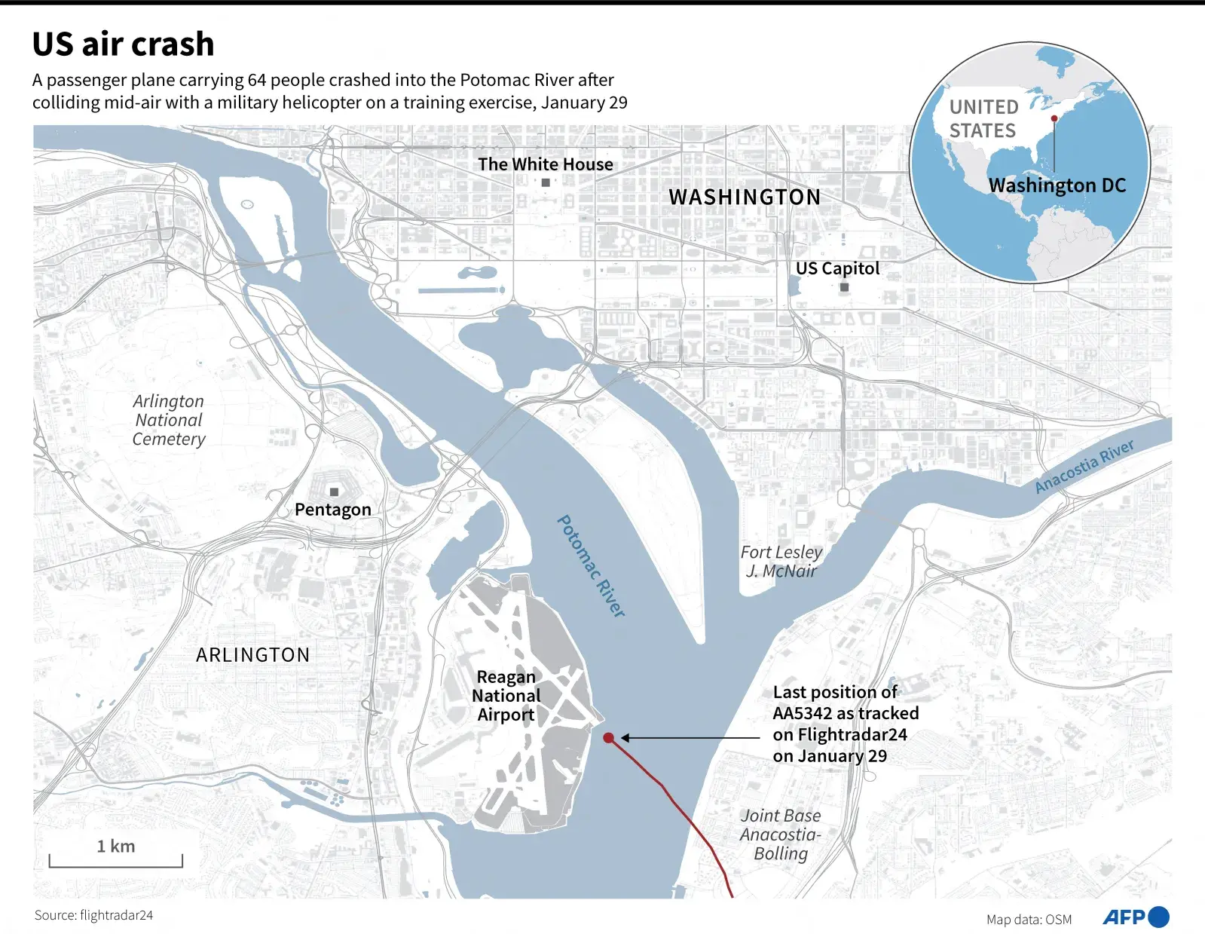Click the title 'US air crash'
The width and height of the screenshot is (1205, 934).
click(123, 44)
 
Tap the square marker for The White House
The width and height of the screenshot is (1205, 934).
click(546, 182)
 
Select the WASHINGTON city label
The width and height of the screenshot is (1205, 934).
click(745, 198)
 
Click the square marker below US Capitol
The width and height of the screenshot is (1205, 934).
click(844, 287)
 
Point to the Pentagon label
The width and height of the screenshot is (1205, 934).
click(333, 510)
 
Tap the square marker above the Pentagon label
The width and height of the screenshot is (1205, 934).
click(334, 492)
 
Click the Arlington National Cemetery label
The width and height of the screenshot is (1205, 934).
click(169, 420)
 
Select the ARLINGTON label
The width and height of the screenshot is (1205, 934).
click(253, 655)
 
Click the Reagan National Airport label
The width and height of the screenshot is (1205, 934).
click(506, 696)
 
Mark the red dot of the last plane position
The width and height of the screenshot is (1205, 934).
click(608, 738)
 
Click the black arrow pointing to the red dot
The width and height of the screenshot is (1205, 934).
click(690, 738)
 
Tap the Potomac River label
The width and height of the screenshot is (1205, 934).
click(592, 566)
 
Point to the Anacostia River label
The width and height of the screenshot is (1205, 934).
click(1084, 467)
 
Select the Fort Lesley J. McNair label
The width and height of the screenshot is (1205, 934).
click(781, 562)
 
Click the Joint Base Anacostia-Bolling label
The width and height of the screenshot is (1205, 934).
click(781, 834)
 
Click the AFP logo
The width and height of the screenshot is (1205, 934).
click(1136, 917)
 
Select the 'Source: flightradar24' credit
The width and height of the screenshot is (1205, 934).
click(93, 915)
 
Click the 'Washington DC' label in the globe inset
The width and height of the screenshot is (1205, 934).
click(1057, 185)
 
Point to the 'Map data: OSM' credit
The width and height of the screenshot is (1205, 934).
click(1029, 920)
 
